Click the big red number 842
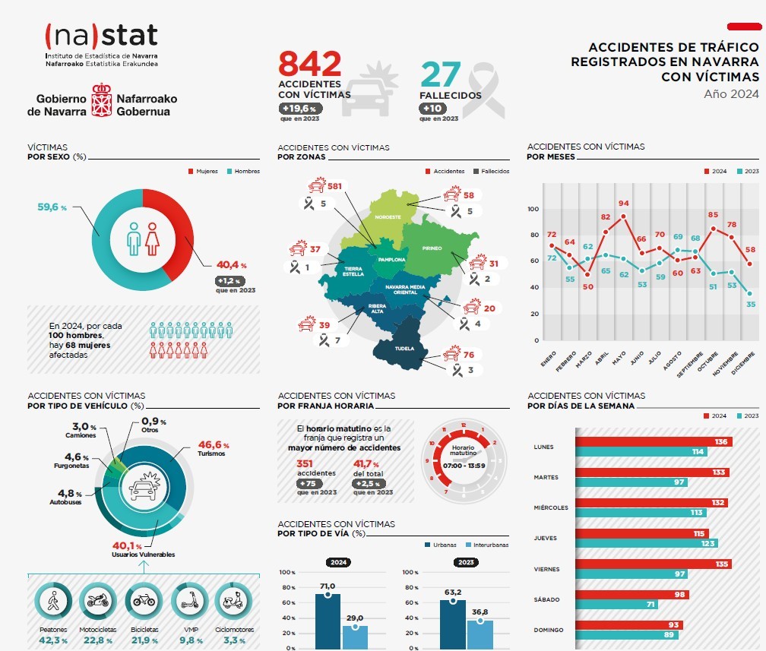[310, 64]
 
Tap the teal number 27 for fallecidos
[440, 74]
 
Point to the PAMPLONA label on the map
[388, 260]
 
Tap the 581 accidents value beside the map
[336, 186]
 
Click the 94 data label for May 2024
[624, 204]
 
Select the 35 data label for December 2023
[750, 304]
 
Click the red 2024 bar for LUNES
[654, 442]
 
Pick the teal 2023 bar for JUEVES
[647, 543]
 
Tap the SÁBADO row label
[547, 599]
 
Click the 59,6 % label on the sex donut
[52, 207]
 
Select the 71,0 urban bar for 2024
[328, 620]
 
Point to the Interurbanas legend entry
[486, 545]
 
